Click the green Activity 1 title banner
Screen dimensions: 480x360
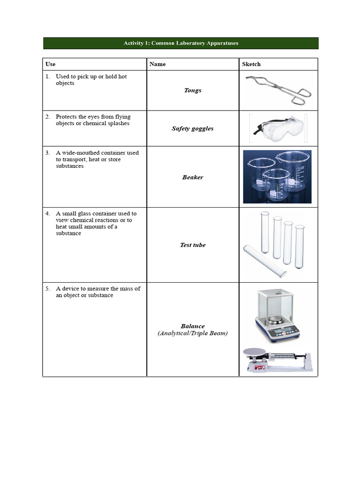[180, 43]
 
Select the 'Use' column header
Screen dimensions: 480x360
[50, 64]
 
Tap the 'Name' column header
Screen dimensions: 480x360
[157, 64]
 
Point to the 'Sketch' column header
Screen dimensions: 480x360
[251, 64]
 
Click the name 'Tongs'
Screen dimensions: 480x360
[193, 90]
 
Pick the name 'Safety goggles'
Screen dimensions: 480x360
[193, 128]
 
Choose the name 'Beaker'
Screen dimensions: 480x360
[193, 177]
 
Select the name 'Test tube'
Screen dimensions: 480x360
[193, 245]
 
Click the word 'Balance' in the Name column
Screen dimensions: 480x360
[193, 326]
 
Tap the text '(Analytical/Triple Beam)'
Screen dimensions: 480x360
[193, 333]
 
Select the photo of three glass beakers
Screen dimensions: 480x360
[277, 177]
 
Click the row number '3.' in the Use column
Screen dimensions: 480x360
[48, 153]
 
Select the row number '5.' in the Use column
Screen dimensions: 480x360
[48, 289]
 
